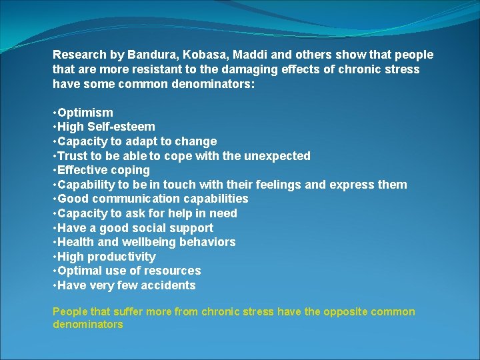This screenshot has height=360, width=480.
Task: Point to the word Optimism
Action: click(x=85, y=113)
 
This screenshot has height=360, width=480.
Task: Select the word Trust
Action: click(x=73, y=156)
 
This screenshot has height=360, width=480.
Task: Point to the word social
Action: click(x=151, y=228)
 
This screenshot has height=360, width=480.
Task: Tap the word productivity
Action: click(x=123, y=257)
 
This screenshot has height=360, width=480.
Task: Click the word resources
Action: click(x=175, y=271)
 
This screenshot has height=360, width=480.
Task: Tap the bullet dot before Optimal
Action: click(x=54, y=271)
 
